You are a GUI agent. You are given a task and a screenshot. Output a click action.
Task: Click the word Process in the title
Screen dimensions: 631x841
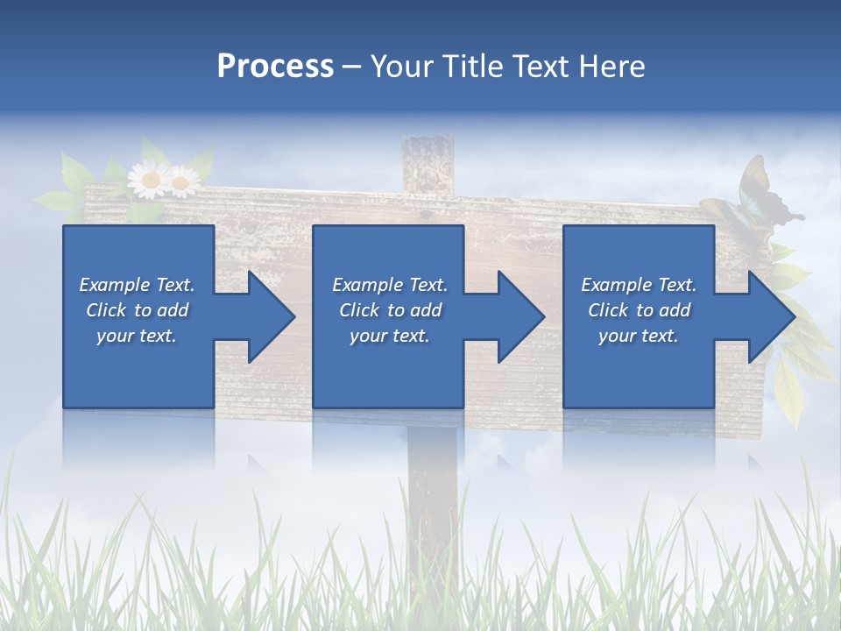tap(275, 66)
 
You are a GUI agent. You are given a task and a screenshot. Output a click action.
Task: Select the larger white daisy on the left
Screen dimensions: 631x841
tap(149, 180)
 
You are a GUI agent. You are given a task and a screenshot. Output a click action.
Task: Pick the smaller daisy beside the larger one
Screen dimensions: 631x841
tap(182, 182)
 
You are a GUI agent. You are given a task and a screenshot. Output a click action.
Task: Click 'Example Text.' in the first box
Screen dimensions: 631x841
tap(137, 285)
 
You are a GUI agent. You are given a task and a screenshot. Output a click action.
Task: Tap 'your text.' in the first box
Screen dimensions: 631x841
tap(137, 336)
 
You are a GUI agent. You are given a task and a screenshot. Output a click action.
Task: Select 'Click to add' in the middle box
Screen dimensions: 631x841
tap(390, 310)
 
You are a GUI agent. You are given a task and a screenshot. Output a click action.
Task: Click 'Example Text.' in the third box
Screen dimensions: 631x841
tap(639, 285)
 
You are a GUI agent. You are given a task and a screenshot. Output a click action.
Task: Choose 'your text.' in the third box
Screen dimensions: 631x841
tap(639, 336)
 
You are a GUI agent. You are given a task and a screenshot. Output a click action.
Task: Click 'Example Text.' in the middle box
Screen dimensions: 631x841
tap(390, 285)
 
